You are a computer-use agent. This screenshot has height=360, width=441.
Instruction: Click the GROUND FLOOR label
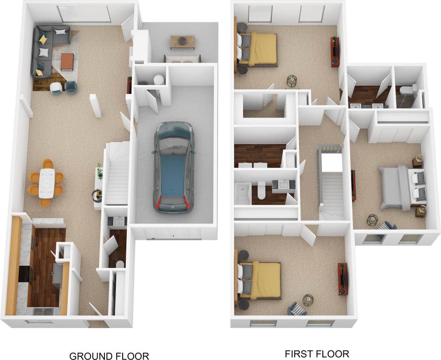click(x=109, y=355)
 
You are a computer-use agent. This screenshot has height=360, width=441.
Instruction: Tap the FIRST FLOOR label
click(x=317, y=354)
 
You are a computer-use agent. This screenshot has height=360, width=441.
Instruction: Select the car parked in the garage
click(x=174, y=166)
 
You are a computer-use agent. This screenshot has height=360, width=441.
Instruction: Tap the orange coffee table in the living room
click(x=67, y=62)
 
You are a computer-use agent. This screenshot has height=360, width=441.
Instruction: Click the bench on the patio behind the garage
click(x=182, y=60)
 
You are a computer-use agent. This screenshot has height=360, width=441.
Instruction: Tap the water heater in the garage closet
click(x=159, y=80)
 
